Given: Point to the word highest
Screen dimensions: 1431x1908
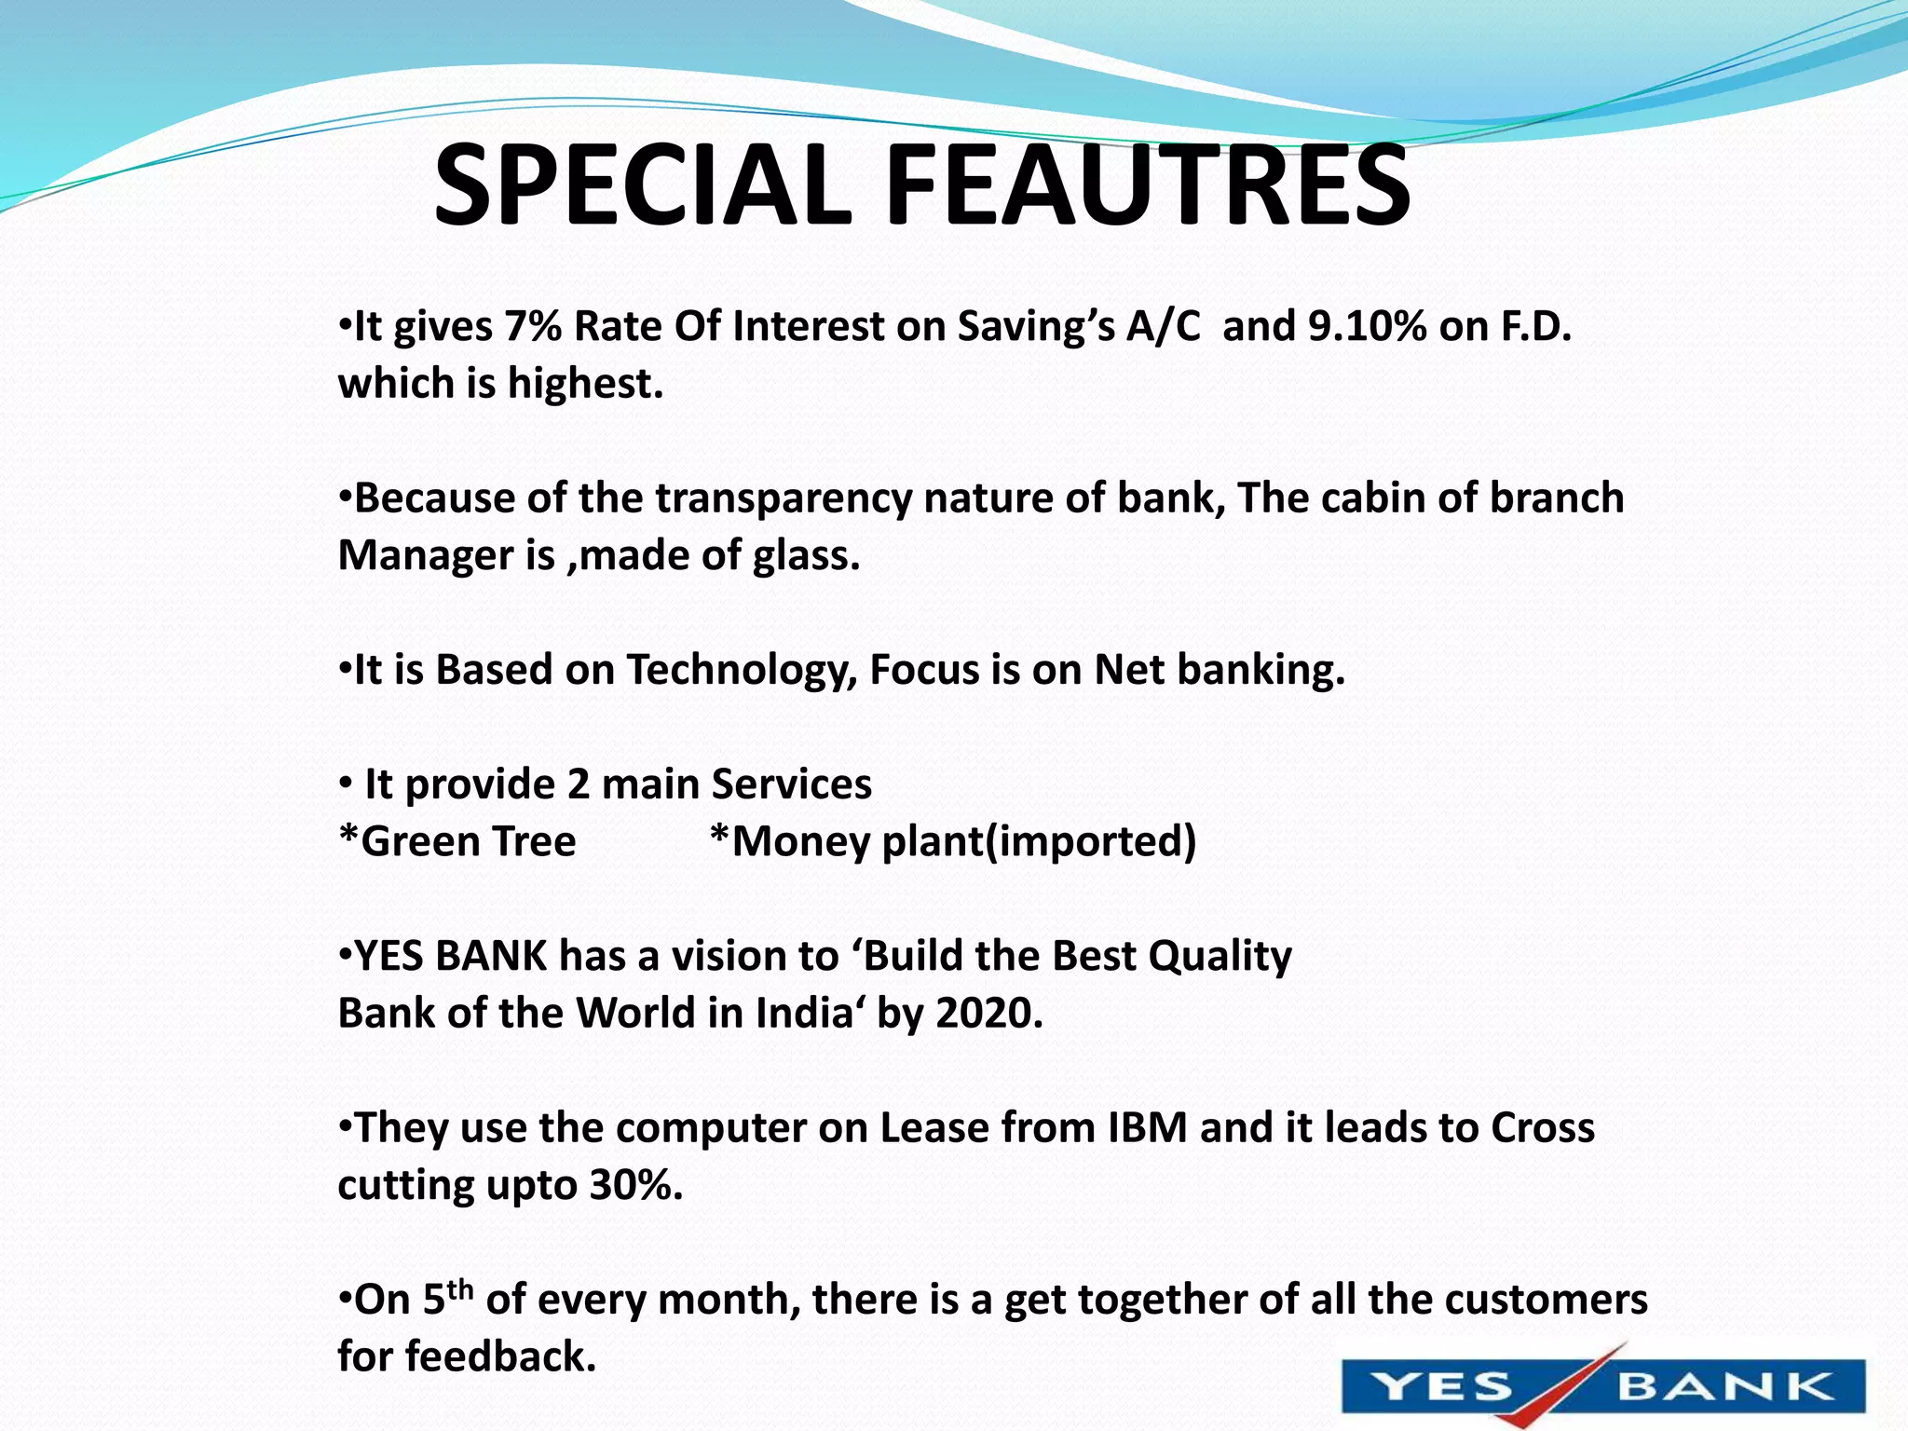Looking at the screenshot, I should tap(584, 384).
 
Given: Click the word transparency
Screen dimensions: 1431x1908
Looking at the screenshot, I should tap(783, 498).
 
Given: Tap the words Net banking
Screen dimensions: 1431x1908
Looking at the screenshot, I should tap(1219, 670).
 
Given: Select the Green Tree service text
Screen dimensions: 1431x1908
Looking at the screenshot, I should tap(458, 841).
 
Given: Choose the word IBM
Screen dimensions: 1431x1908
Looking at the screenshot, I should tap(1147, 1128).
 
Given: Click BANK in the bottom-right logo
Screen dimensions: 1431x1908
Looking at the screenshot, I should tap(1724, 1387).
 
